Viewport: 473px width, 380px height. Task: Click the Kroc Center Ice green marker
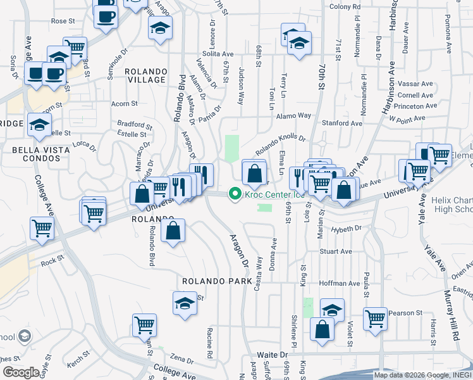pos(236,194)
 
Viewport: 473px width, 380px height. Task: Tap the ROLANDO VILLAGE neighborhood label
pos(146,76)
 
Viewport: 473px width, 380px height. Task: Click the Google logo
pos(21,372)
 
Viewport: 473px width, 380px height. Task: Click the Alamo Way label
pos(293,116)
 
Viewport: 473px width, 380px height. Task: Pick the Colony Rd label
pos(344,7)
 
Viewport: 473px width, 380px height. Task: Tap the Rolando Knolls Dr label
pos(280,145)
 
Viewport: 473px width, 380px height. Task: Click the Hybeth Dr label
pos(348,227)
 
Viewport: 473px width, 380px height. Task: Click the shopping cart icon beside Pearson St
pos(375,317)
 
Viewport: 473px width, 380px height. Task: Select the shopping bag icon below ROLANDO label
pos(173,231)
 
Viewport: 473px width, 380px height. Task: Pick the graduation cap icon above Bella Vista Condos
pos(40,123)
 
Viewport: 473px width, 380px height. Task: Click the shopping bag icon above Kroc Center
pos(254,172)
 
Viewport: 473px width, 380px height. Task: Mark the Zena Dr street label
pos(181,358)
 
